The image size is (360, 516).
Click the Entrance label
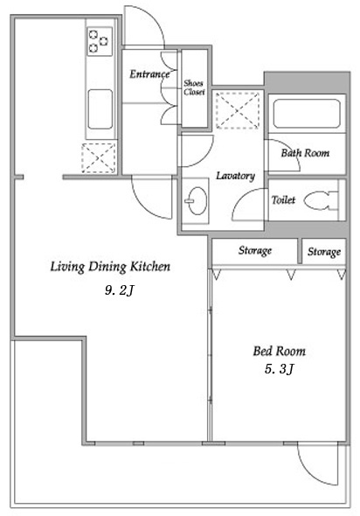tap(149, 74)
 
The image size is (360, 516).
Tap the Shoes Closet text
tap(194, 87)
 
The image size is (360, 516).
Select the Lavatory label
tap(235, 176)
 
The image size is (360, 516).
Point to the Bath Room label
tap(305, 153)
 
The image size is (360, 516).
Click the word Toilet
tap(283, 199)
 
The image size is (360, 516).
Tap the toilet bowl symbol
tap(321, 200)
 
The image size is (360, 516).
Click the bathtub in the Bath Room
tap(307, 114)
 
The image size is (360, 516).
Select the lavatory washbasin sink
tap(196, 201)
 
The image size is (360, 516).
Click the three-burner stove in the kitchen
tap(100, 41)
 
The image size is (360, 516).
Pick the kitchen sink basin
tap(100, 109)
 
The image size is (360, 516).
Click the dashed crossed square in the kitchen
tap(99, 158)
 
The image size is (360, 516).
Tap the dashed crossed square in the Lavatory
tap(238, 110)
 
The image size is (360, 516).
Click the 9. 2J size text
tap(120, 290)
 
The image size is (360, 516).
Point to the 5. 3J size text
tap(279, 369)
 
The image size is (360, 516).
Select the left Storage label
tap(255, 250)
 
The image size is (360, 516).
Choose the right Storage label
tap(324, 252)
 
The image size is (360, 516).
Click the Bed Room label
tap(279, 351)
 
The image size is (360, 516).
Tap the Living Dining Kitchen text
tap(110, 266)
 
